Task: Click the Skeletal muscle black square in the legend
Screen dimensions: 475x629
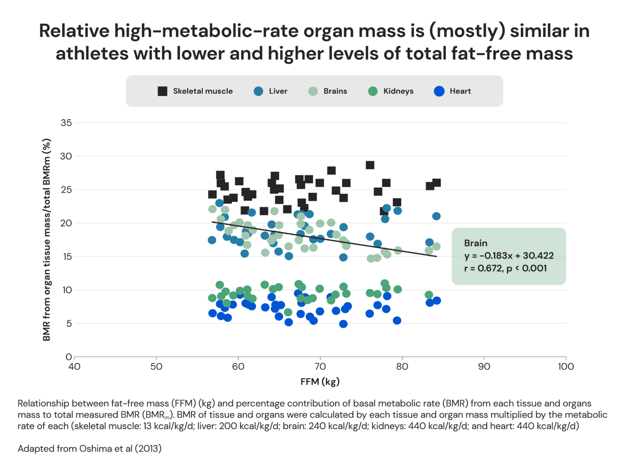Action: (162, 91)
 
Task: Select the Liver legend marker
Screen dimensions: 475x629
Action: (258, 91)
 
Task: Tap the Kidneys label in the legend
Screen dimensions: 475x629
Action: (398, 91)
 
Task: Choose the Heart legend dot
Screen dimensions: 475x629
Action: (439, 91)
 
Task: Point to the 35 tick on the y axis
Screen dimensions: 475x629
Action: (66, 123)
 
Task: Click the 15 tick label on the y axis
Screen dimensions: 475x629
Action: (66, 257)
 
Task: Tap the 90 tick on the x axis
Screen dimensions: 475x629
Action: (484, 366)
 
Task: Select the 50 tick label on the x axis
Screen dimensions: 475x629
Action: (156, 366)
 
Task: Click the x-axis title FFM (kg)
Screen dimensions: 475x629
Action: (320, 382)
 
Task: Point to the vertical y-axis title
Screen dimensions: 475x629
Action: (47, 240)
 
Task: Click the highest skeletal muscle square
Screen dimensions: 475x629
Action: (370, 165)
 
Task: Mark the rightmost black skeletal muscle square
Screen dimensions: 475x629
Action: (437, 183)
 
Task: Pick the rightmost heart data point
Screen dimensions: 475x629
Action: (437, 301)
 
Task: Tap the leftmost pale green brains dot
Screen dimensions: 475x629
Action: (212, 209)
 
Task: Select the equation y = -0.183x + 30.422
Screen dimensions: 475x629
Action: (509, 256)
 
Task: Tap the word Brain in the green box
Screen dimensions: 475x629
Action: (475, 243)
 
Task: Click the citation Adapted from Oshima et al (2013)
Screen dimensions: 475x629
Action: (90, 449)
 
